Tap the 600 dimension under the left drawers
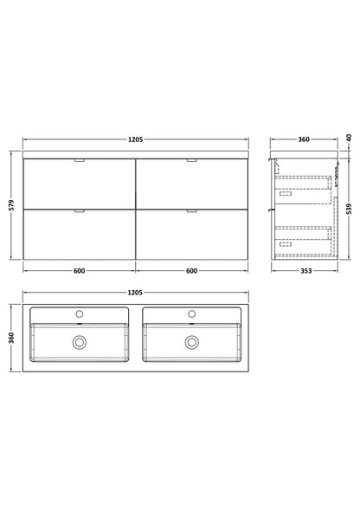point(79,271)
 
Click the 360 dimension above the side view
point(304,139)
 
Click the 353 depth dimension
point(303,271)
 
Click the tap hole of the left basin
point(79,312)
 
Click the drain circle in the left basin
point(79,342)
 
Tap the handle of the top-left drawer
point(79,161)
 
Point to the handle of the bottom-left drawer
point(79,211)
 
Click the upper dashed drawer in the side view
point(304,184)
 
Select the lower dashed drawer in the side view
point(304,236)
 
